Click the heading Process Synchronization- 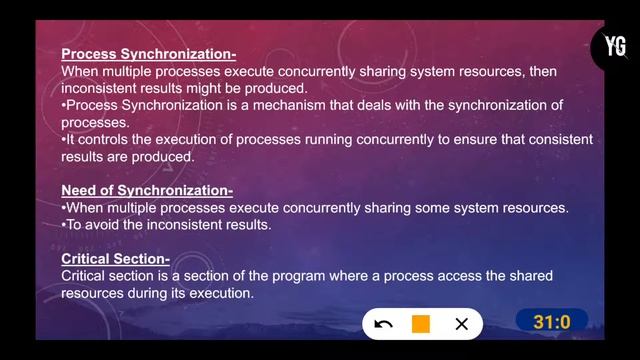click(148, 55)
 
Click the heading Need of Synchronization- click(147, 191)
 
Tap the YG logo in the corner click(615, 46)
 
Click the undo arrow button click(383, 324)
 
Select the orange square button click(421, 324)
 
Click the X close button click(461, 324)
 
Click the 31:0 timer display click(551, 322)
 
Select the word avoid click(111, 225)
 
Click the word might click(233, 89)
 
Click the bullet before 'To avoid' click(64, 225)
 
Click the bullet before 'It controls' click(64, 140)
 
